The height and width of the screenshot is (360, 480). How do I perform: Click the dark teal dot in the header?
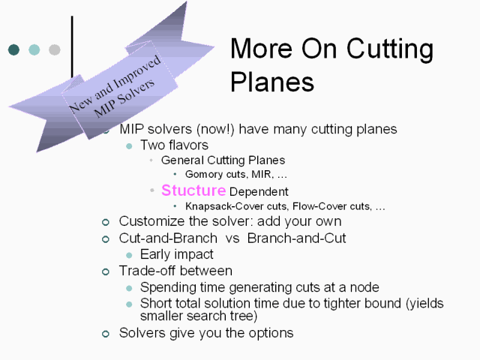(13, 49)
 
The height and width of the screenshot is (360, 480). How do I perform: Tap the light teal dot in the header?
(34, 49)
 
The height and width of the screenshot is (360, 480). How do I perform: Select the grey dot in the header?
(55, 49)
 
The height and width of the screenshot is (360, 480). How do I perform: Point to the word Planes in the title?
(272, 82)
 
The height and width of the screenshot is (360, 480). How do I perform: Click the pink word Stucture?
(193, 190)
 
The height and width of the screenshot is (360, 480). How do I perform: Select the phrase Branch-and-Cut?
(297, 238)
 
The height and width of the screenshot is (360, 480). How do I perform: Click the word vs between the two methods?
(232, 238)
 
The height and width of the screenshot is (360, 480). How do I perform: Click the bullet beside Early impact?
(129, 255)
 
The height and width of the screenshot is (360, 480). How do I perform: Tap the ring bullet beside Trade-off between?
(106, 271)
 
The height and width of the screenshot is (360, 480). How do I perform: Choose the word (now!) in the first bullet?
(215, 129)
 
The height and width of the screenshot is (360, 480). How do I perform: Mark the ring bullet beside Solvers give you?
(106, 334)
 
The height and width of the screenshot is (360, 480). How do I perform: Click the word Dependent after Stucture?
(259, 192)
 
